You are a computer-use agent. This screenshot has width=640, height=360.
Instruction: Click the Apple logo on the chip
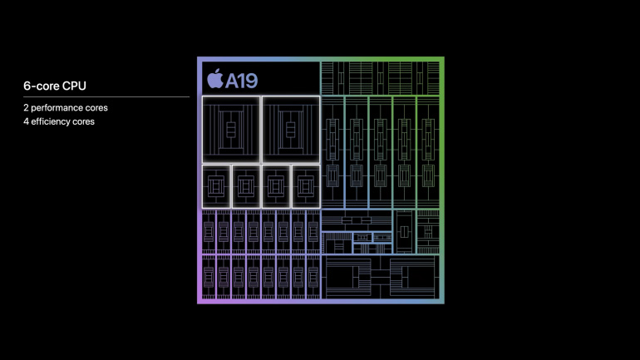[x=215, y=78]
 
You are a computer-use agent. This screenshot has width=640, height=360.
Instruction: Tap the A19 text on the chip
[x=242, y=81]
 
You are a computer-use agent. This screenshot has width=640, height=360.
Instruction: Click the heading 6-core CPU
[x=55, y=86]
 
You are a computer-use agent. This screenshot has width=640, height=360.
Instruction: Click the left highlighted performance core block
[x=231, y=130]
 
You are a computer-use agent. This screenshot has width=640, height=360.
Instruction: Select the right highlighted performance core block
[x=291, y=130]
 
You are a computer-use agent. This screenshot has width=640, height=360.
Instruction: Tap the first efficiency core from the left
[x=216, y=186]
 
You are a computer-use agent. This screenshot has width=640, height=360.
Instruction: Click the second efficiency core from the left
[x=246, y=186]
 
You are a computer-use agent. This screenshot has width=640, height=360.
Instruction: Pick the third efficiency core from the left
[x=276, y=186]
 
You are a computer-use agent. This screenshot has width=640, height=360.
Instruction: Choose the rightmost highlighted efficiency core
[x=306, y=186]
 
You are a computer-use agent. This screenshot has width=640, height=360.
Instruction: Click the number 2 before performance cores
[x=26, y=108]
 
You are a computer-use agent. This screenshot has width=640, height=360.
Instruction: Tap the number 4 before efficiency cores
[x=26, y=121]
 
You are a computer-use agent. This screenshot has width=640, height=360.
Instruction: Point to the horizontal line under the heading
[x=106, y=96]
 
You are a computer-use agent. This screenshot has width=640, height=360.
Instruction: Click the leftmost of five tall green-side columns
[x=332, y=152]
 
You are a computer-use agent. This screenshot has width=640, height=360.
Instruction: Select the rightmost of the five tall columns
[x=428, y=152]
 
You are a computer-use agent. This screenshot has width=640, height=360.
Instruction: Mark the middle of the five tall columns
[x=381, y=152]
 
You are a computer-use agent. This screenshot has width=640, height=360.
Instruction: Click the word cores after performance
[x=96, y=108]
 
